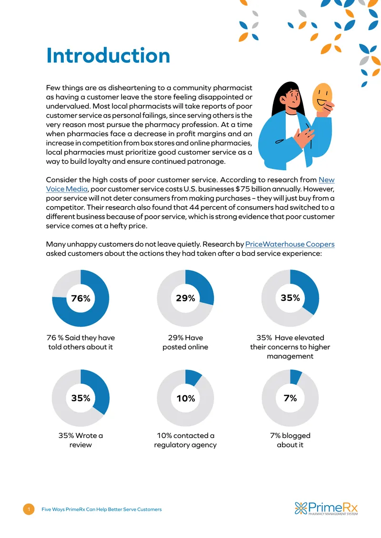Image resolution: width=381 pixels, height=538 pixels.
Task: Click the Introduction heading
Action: click(x=108, y=56)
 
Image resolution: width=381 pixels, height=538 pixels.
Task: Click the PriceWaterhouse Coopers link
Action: click(x=290, y=244)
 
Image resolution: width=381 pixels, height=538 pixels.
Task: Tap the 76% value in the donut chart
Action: click(x=80, y=298)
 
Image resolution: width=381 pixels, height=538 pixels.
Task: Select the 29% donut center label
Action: click(x=185, y=298)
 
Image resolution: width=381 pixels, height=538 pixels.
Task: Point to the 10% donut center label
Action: click(x=185, y=399)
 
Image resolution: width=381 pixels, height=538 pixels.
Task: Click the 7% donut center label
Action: click(x=290, y=398)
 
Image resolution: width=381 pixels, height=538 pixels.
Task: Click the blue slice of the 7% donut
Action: click(x=295, y=377)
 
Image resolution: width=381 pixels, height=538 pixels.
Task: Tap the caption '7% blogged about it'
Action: click(x=290, y=440)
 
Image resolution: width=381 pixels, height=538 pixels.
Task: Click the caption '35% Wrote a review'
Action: click(x=80, y=440)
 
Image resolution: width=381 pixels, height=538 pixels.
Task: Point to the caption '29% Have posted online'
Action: click(x=185, y=342)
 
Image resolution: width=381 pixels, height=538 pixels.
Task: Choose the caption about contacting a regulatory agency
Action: click(x=185, y=440)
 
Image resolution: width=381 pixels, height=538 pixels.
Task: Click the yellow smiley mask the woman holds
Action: click(x=322, y=97)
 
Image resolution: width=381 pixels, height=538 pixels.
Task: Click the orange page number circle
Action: click(x=29, y=509)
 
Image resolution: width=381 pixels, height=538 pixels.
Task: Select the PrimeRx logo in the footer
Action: click(x=326, y=508)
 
